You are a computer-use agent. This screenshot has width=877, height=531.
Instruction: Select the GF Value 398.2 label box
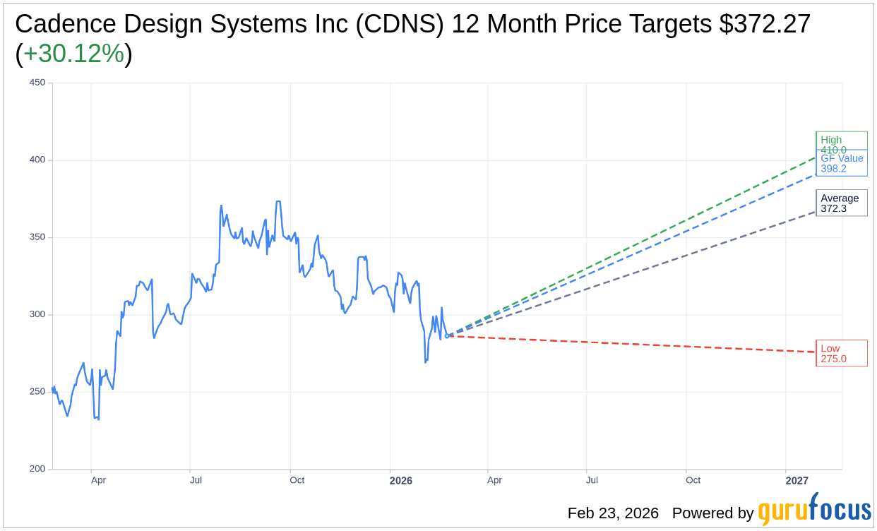coord(842,163)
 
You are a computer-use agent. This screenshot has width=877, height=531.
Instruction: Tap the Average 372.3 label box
coord(841,203)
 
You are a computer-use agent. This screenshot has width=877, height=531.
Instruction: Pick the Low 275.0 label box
coord(841,353)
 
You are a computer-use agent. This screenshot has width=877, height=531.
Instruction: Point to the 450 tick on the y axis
coord(37,83)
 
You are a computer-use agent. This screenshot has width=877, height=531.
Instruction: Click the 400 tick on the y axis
coord(37,160)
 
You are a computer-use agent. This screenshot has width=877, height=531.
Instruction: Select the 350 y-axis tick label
coord(37,237)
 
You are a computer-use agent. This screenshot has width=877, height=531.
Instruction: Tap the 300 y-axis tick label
coord(37,314)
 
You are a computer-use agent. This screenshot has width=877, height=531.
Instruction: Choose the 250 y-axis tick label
coord(37,391)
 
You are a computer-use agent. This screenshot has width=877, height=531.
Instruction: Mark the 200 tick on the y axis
coord(37,469)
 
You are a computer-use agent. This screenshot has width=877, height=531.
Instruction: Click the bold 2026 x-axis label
coord(400,481)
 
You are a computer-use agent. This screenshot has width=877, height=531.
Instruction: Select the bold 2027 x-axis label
coord(797,481)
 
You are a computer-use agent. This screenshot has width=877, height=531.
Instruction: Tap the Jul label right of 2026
coord(592,480)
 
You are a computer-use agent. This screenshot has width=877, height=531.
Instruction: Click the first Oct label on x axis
coord(297,480)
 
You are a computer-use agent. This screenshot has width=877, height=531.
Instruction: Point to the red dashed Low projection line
coord(636,344)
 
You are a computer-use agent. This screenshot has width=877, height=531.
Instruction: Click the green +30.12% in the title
coord(73,54)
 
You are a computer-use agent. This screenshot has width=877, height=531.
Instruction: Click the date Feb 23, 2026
coord(613,513)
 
